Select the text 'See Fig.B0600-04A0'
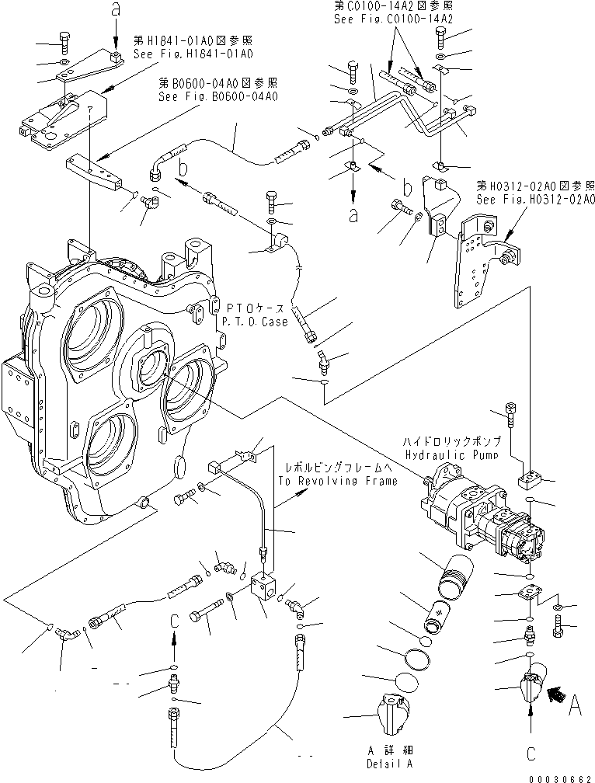(218, 97)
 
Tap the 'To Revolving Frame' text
(336, 481)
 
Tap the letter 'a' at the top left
(116, 11)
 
